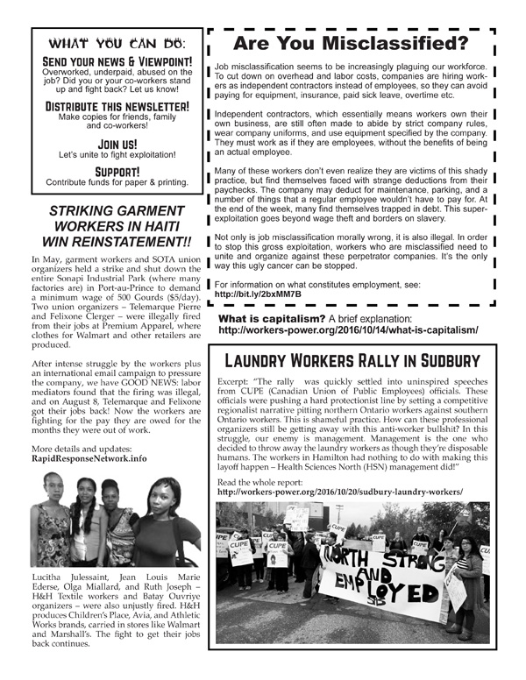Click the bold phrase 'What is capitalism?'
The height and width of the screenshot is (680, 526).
coord(272,317)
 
